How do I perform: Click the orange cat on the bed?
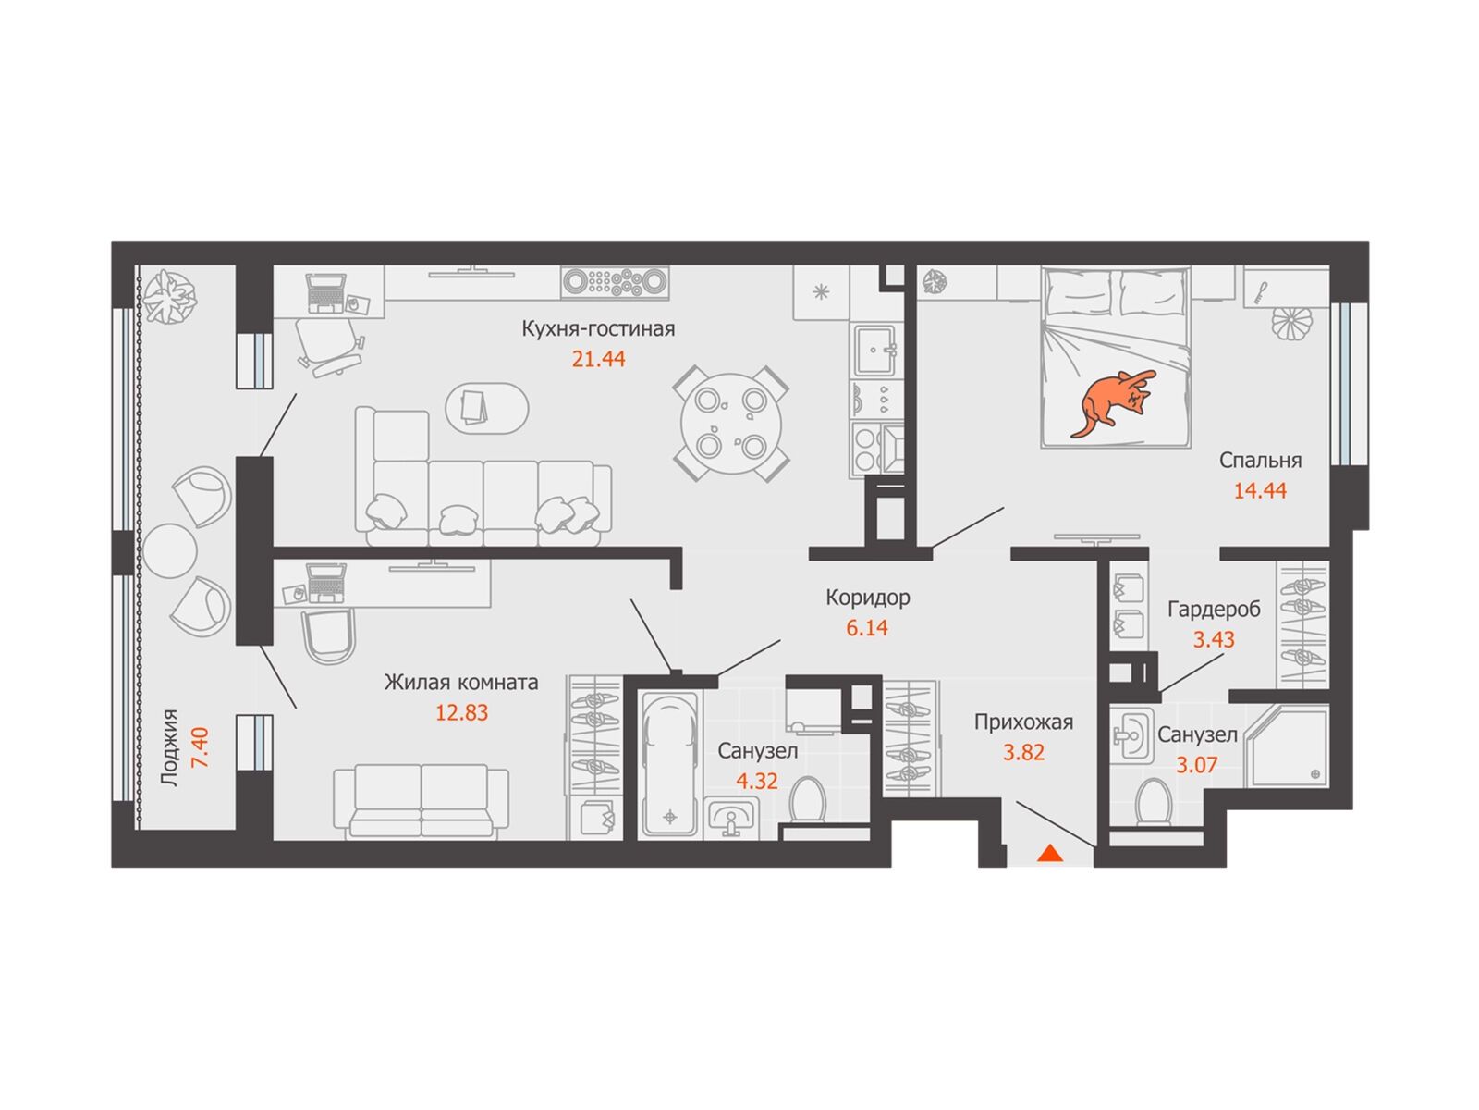(x=1112, y=402)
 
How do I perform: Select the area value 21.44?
(x=598, y=359)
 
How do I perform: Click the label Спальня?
(x=1260, y=461)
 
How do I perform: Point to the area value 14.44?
(x=1260, y=490)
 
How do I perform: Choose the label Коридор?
(x=868, y=598)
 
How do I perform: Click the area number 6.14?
(x=867, y=628)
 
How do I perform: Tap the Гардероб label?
(x=1214, y=610)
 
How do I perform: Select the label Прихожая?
(x=1023, y=722)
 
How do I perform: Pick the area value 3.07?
(x=1197, y=766)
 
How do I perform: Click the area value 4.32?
(x=757, y=781)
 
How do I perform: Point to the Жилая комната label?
(x=461, y=682)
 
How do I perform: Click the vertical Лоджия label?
(x=169, y=748)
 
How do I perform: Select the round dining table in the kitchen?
(x=731, y=424)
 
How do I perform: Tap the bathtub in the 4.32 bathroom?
(x=670, y=764)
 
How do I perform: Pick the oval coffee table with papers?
(x=487, y=409)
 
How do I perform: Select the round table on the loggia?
(x=170, y=550)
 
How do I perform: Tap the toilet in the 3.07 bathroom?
(x=1152, y=803)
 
